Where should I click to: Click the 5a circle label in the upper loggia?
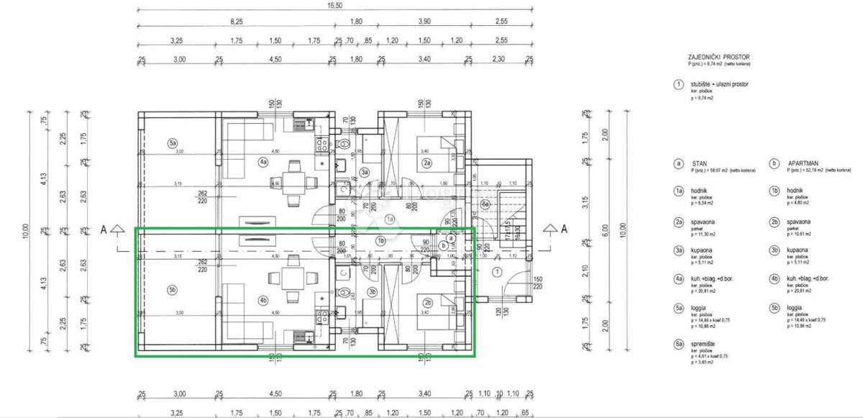[x=173, y=143]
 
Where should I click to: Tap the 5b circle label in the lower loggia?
[x=173, y=290]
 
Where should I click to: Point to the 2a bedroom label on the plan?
[x=426, y=164]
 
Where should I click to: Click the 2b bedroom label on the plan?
[x=426, y=302]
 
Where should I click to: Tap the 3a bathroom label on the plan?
[x=365, y=172]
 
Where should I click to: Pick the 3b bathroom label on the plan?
[x=371, y=291]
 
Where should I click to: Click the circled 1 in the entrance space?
[x=496, y=272]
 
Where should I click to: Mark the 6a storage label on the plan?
[x=485, y=205]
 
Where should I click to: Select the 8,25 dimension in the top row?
[x=236, y=22]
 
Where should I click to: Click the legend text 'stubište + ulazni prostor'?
[x=719, y=84]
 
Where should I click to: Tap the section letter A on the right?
[x=564, y=229]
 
